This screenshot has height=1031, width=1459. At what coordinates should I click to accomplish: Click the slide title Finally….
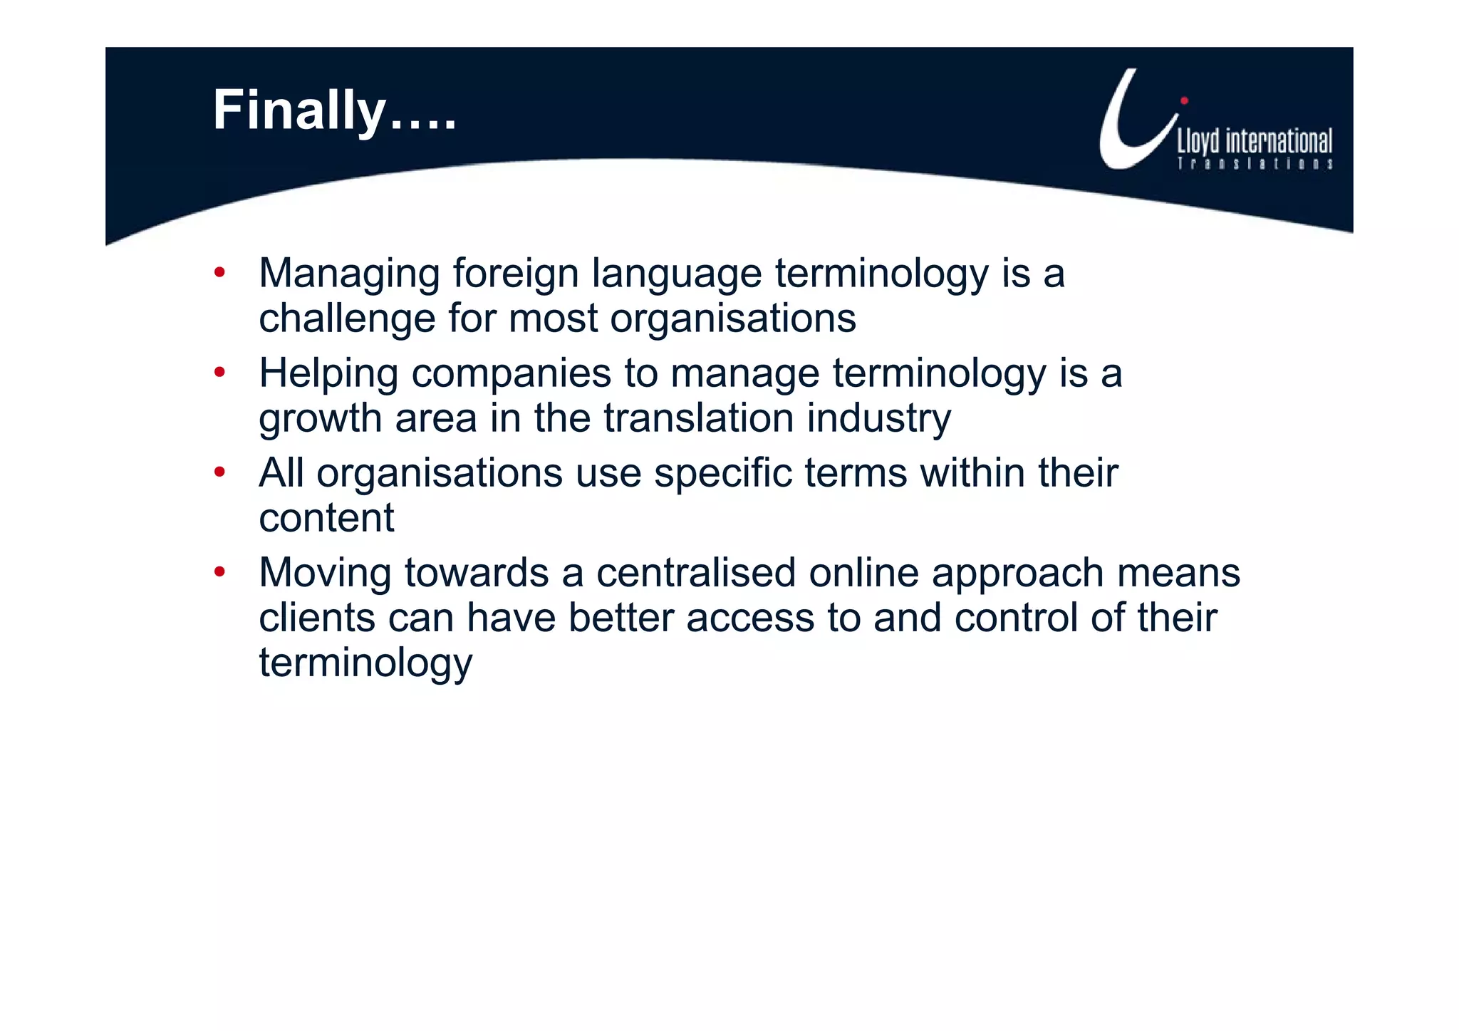tap(334, 111)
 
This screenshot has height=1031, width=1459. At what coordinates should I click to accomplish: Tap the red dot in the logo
tap(1184, 101)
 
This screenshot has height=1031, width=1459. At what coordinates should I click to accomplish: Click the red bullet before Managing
tap(219, 272)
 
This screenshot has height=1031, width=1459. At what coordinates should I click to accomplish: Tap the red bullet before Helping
tap(219, 372)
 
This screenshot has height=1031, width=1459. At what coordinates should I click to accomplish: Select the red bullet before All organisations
tap(219, 472)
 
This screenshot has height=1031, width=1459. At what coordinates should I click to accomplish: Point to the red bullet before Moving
tap(219, 571)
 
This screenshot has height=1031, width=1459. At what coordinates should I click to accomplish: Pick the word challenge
tap(347, 318)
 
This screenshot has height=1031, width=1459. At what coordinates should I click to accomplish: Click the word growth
tap(320, 419)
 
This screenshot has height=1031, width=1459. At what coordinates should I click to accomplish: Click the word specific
tap(722, 474)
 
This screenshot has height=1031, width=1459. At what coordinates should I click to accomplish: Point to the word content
tap(326, 518)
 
